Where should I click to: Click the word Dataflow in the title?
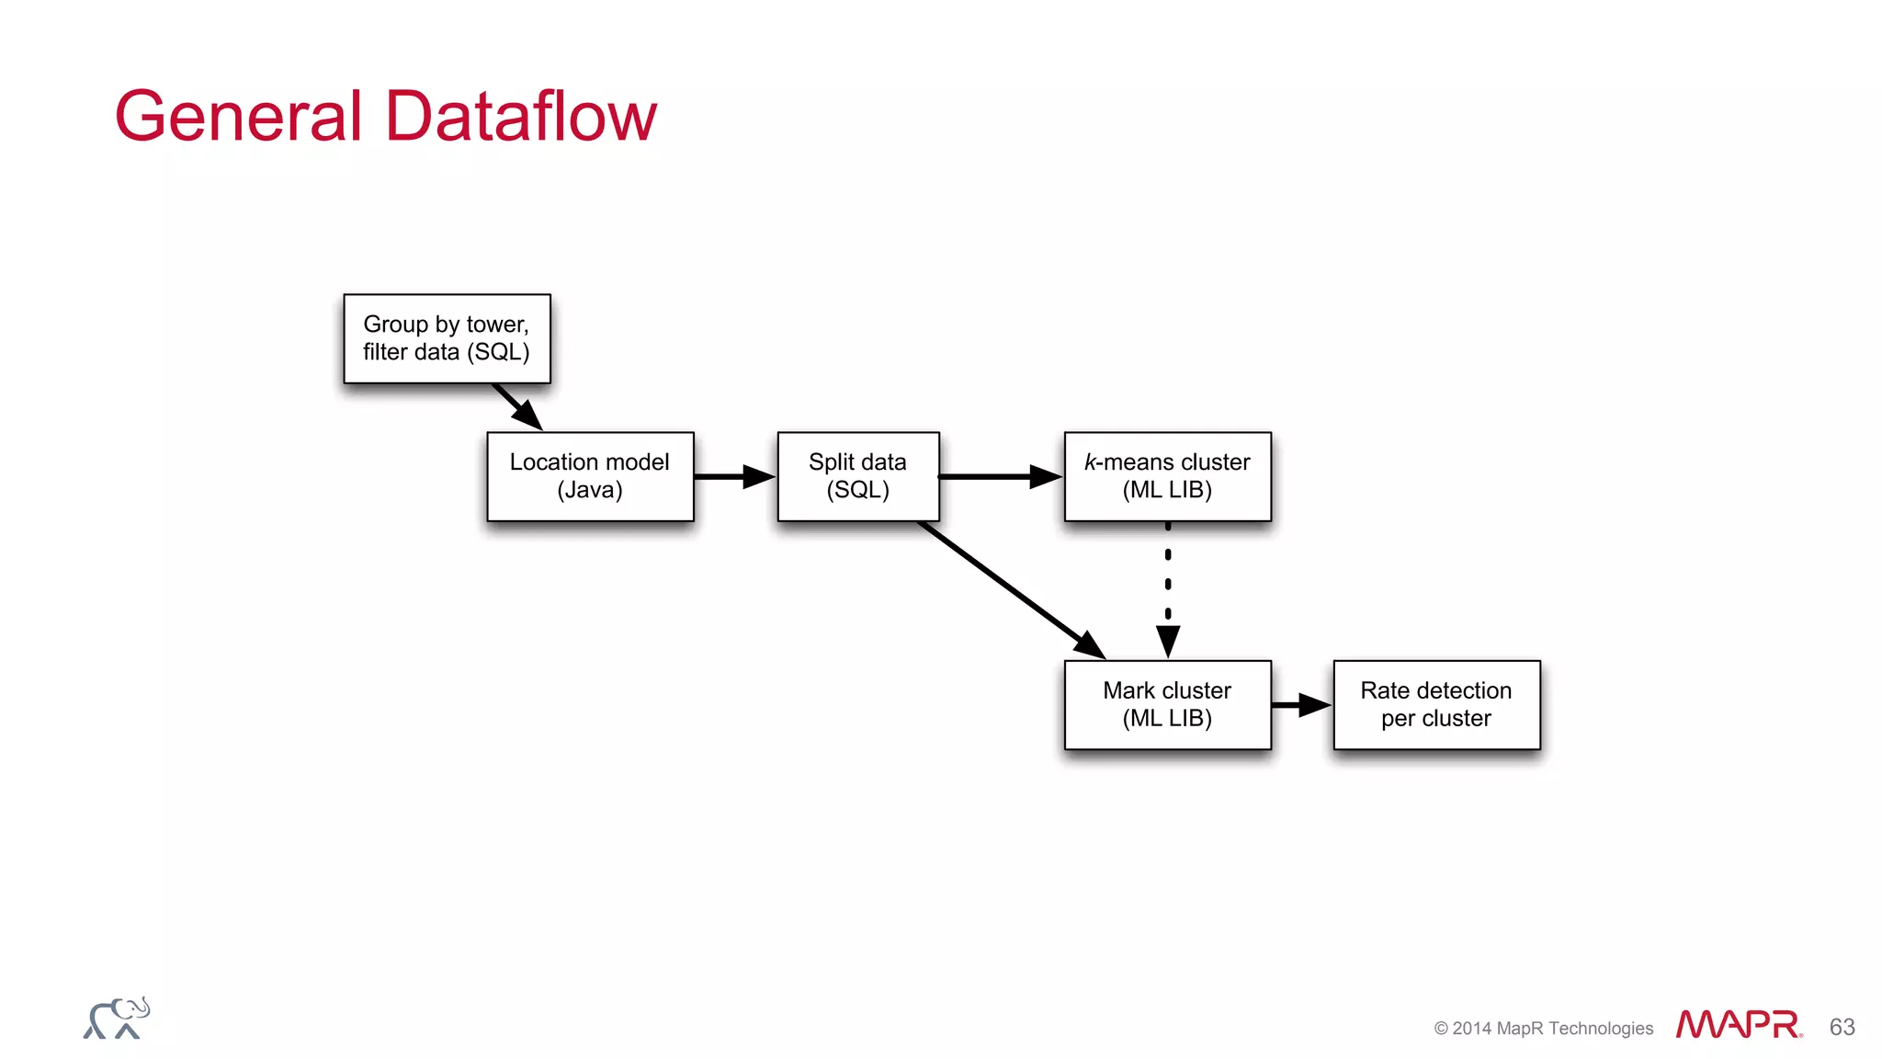pyautogui.click(x=520, y=117)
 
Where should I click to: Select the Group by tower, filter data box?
pyautogui.click(x=447, y=338)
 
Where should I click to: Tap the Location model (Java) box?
pyautogui.click(x=590, y=476)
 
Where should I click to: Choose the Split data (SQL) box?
pyautogui.click(x=857, y=476)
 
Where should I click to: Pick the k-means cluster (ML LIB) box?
pyautogui.click(x=1167, y=476)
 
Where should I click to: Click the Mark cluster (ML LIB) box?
pyautogui.click(x=1167, y=704)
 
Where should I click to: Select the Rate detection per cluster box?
pyautogui.click(x=1435, y=704)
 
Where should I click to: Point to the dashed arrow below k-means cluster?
pyautogui.click(x=1168, y=588)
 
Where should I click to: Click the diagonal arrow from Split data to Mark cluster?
pyautogui.click(x=1011, y=588)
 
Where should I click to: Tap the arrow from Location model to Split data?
pyautogui.click(x=733, y=476)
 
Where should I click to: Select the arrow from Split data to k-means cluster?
pyautogui.click(x=1000, y=476)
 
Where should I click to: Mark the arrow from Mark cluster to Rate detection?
pyautogui.click(x=1301, y=705)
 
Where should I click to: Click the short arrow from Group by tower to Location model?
pyautogui.click(x=516, y=405)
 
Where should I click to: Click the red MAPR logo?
pyautogui.click(x=1739, y=1024)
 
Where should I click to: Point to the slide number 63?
pyautogui.click(x=1842, y=1027)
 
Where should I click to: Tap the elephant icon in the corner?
pyautogui.click(x=117, y=1019)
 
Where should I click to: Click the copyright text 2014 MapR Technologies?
pyautogui.click(x=1544, y=1028)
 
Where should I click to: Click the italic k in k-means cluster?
pyautogui.click(x=1090, y=462)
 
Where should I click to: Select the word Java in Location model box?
pyautogui.click(x=590, y=490)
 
